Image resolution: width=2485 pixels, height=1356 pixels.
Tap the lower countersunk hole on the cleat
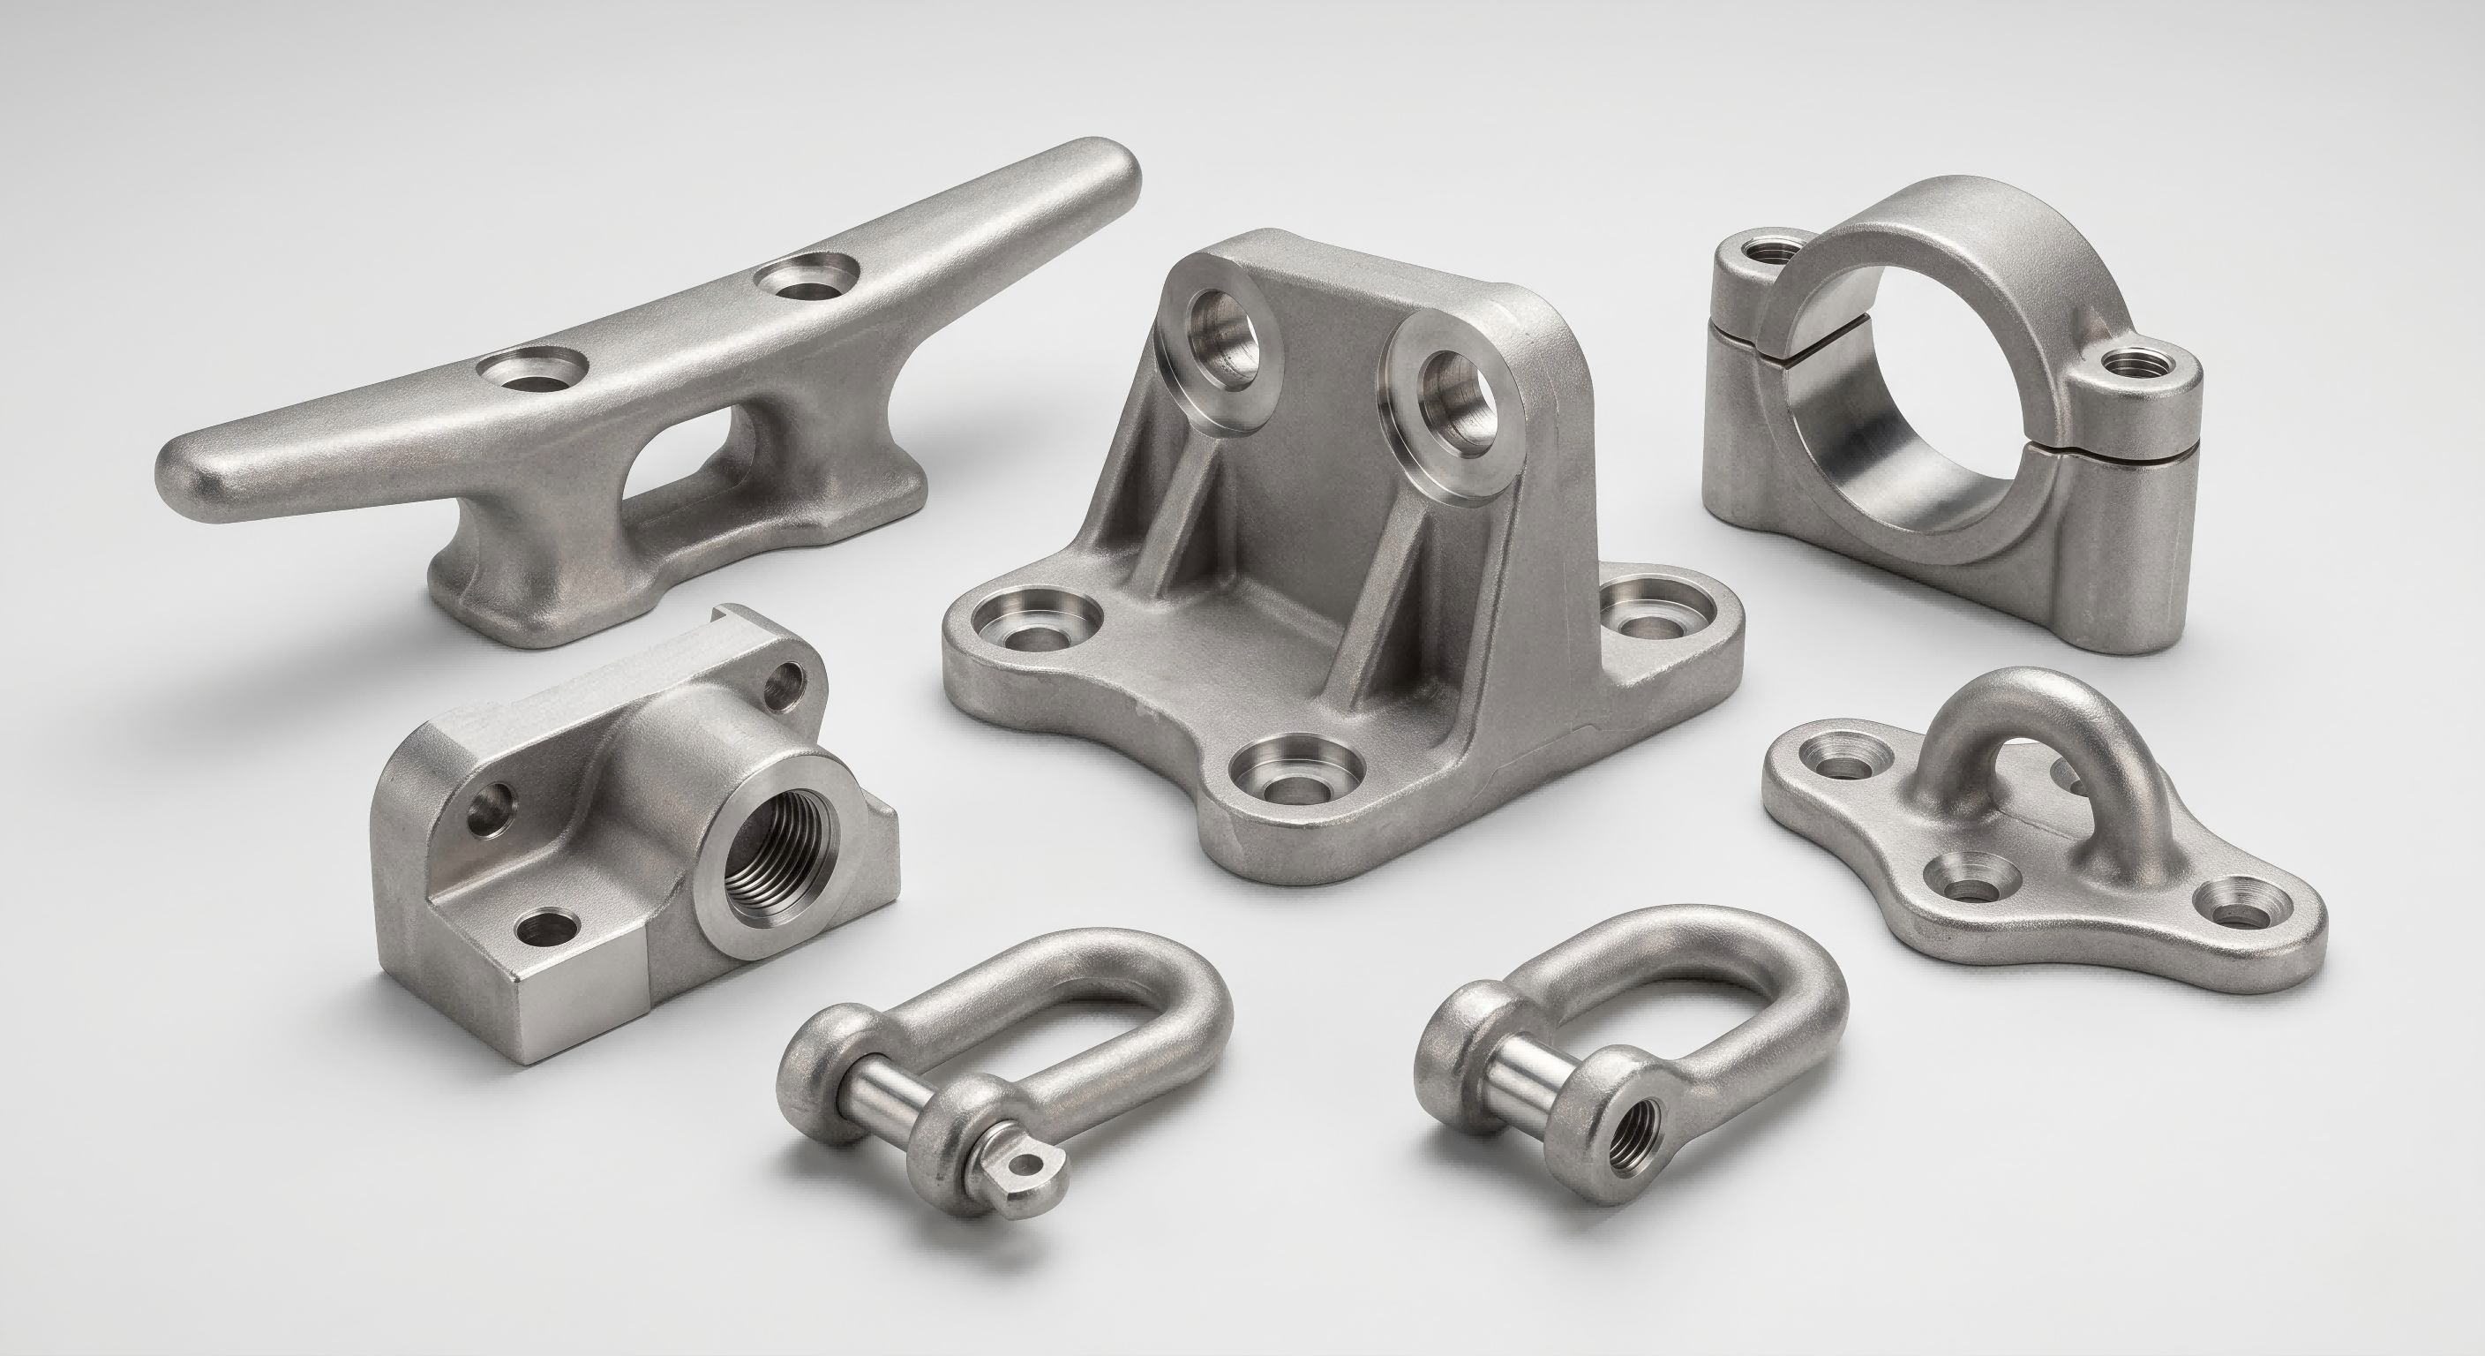[x=534, y=370]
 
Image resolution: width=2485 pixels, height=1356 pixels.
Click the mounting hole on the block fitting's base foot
[x=547, y=931]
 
